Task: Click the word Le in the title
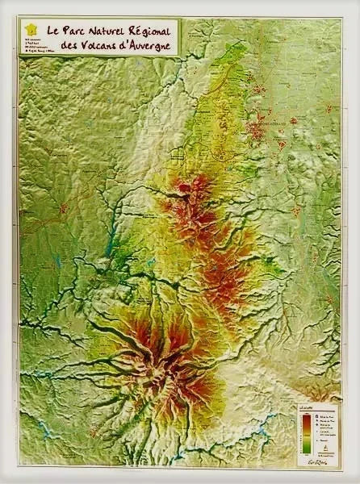(x=53, y=31)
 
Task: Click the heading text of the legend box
(x=306, y=409)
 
